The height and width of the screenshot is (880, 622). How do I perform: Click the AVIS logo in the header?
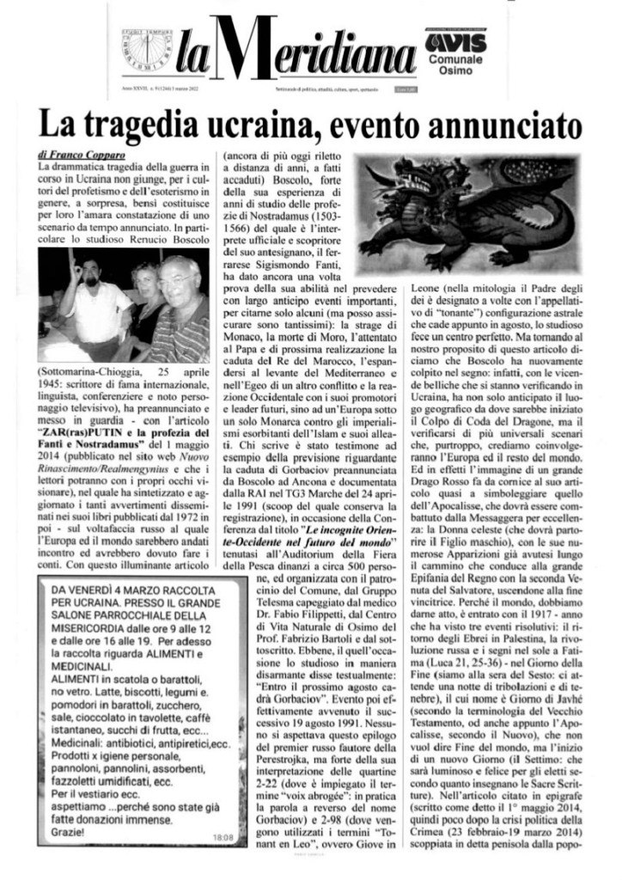pos(455,40)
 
